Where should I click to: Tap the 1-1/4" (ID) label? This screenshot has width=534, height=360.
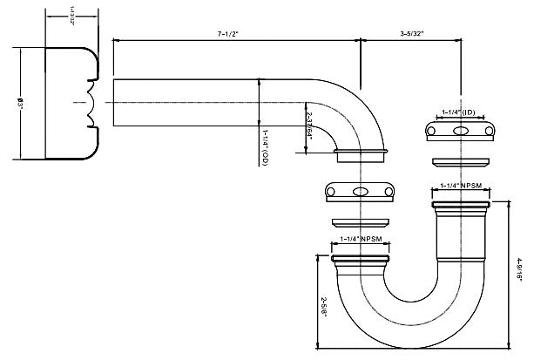pyautogui.click(x=458, y=112)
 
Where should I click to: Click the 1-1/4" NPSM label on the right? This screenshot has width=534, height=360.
pyautogui.click(x=459, y=185)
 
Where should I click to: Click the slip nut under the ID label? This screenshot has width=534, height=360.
pyautogui.click(x=459, y=131)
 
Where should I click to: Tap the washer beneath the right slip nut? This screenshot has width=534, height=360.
pyautogui.click(x=459, y=161)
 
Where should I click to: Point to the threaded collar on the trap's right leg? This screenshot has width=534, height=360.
pyautogui.click(x=459, y=209)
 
